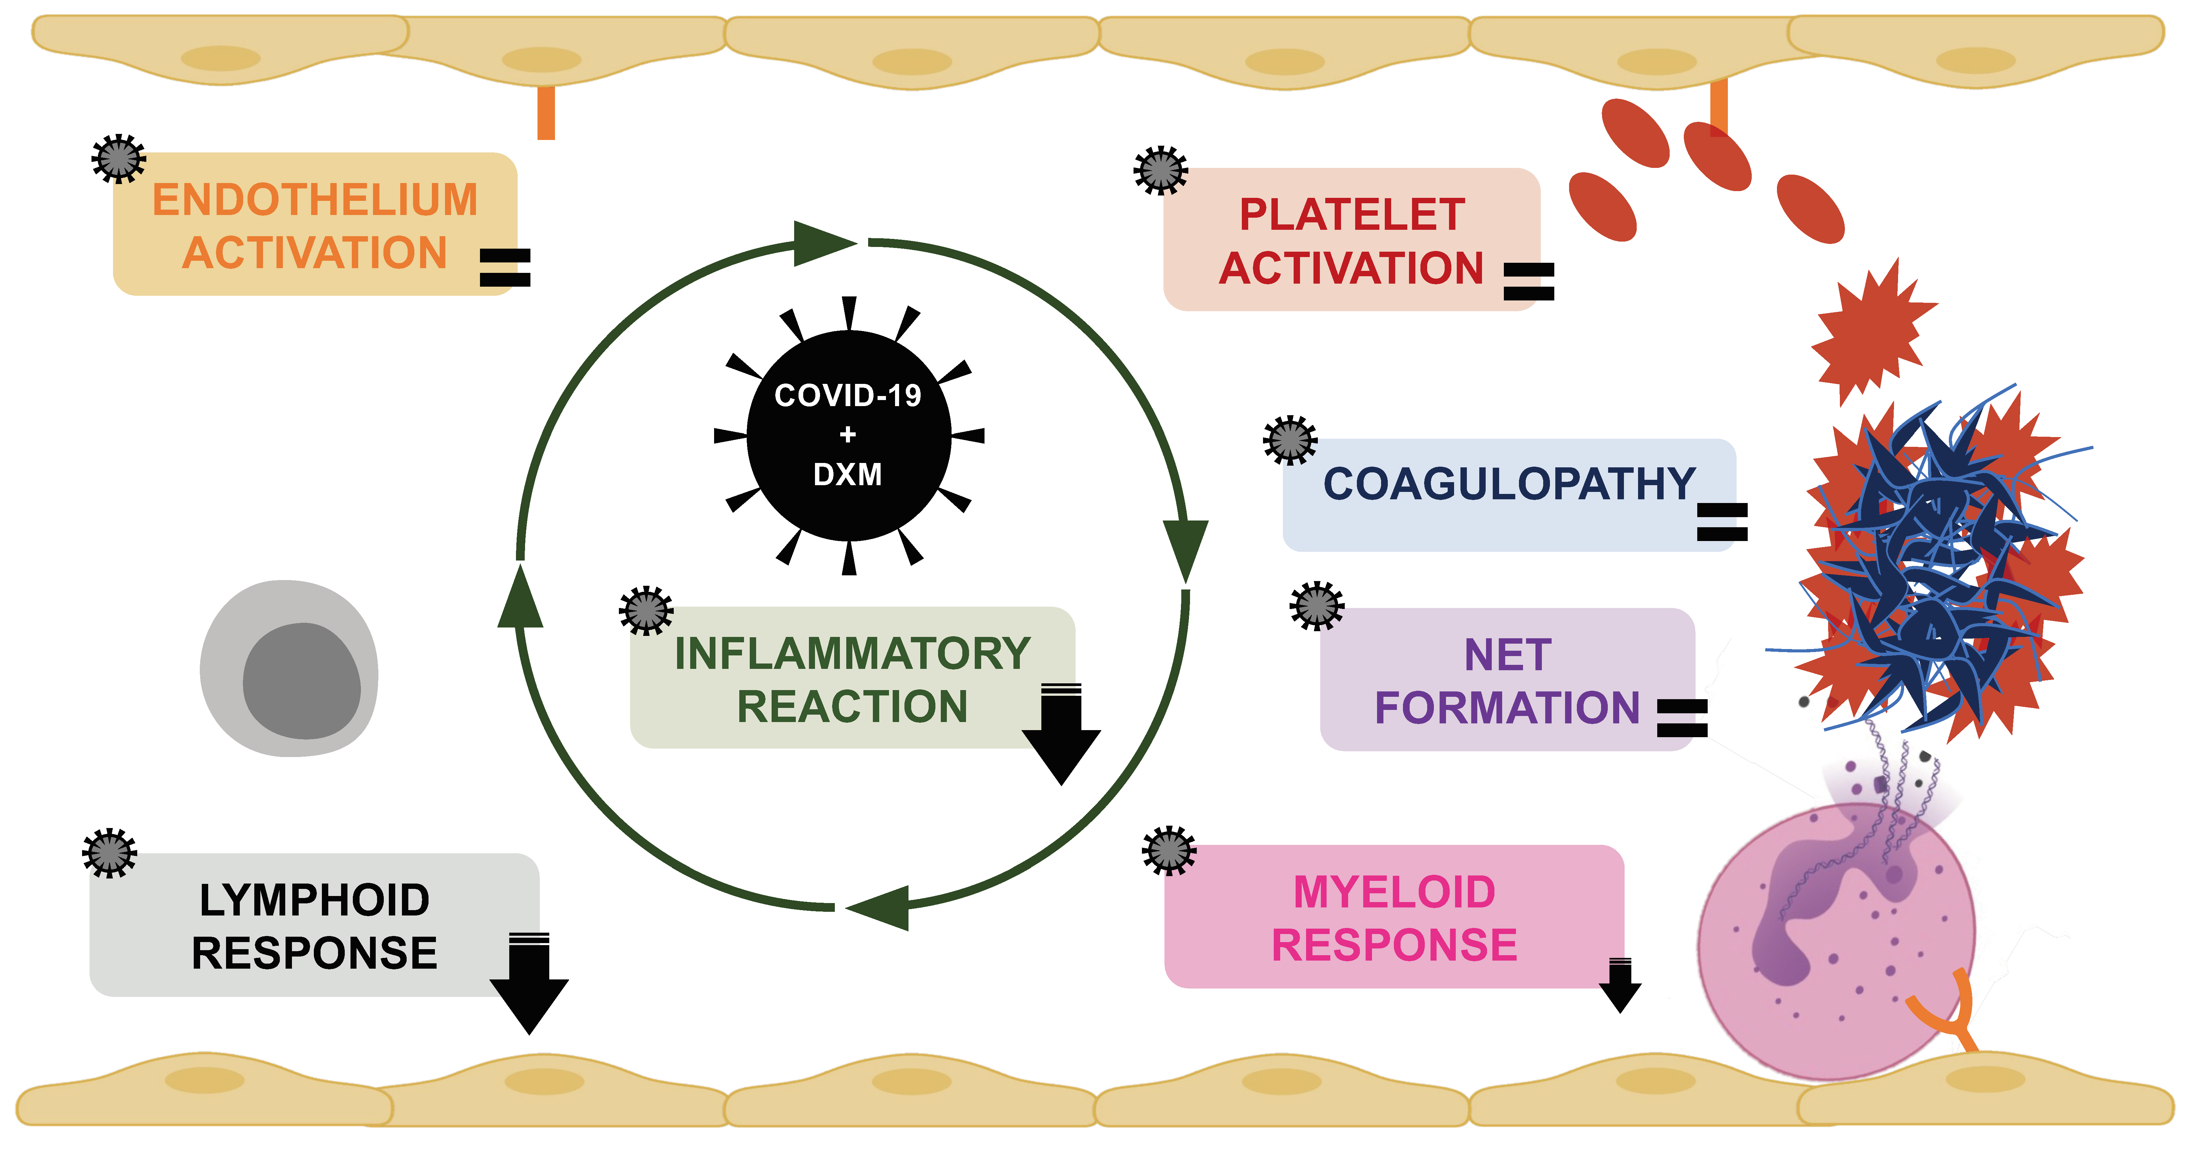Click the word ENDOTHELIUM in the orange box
coord(315,201)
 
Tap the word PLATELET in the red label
coord(1352,214)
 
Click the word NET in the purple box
coord(1508,655)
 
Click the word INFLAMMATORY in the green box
coord(852,653)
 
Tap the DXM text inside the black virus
coord(848,474)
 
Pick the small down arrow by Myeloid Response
coord(1620,986)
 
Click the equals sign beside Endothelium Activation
coord(506,268)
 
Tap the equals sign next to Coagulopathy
coord(1722,522)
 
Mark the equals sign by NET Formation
coord(1682,718)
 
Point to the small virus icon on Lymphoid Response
coord(110,852)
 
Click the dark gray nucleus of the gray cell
coord(302,681)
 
